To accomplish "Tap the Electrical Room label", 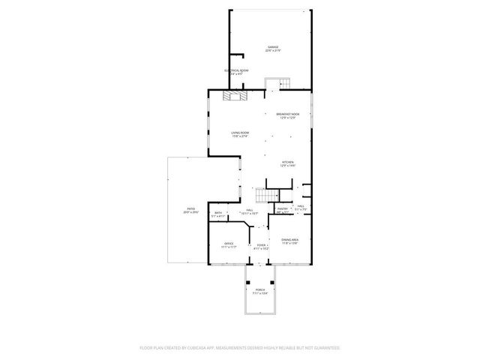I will [236, 70].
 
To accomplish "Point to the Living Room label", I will [239, 133].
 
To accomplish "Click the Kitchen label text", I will [288, 162].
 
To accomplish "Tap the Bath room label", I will [218, 213].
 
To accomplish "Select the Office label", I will [229, 244].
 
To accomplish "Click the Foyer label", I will [261, 244].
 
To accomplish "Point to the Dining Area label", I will [289, 240].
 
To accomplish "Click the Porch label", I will [259, 289].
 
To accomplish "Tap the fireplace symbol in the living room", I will [235, 95].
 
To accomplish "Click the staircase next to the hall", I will [266, 195].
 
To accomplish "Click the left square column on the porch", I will [247, 283].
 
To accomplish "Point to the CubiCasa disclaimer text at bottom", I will [240, 347].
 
